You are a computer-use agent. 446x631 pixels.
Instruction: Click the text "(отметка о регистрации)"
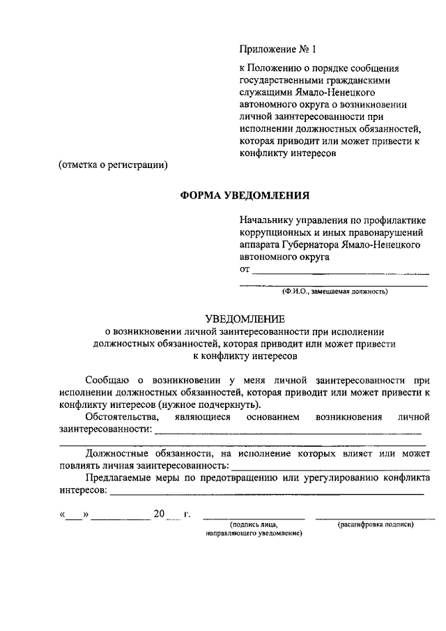point(112,165)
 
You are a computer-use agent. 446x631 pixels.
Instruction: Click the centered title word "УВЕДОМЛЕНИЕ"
point(244,318)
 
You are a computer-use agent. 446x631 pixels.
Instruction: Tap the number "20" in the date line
point(159,515)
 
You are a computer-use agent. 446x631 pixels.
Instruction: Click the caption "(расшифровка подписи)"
point(375,524)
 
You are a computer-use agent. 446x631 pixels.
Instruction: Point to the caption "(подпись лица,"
point(254,524)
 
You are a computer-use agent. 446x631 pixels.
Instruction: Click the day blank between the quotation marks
point(73,516)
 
